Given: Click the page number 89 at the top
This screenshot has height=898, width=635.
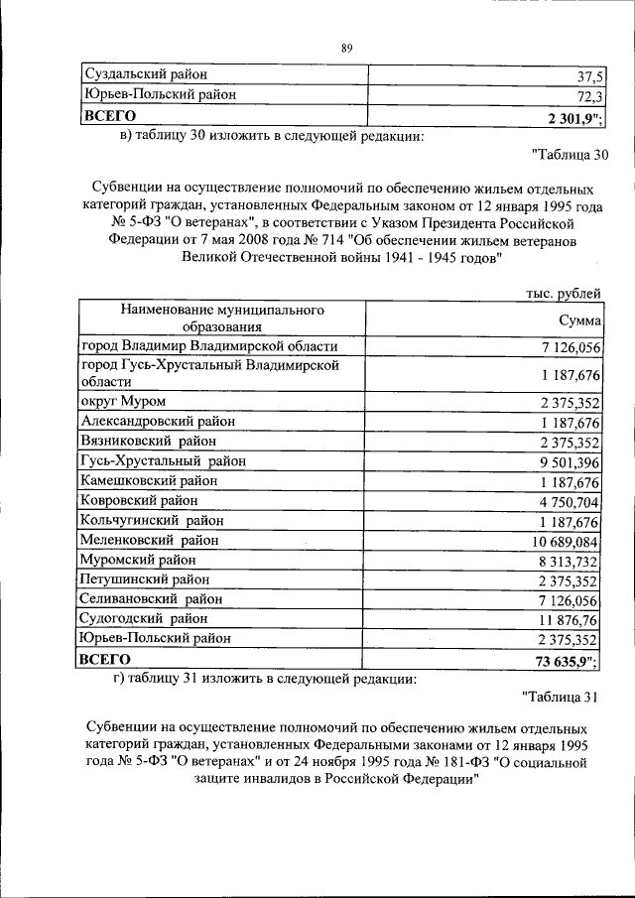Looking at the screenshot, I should click(346, 48).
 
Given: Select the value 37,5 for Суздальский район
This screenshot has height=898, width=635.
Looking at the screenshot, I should click(586, 76).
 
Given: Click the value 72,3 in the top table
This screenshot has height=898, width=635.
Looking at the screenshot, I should click(586, 96).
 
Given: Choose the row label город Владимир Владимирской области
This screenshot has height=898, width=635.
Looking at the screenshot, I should click(209, 346).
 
